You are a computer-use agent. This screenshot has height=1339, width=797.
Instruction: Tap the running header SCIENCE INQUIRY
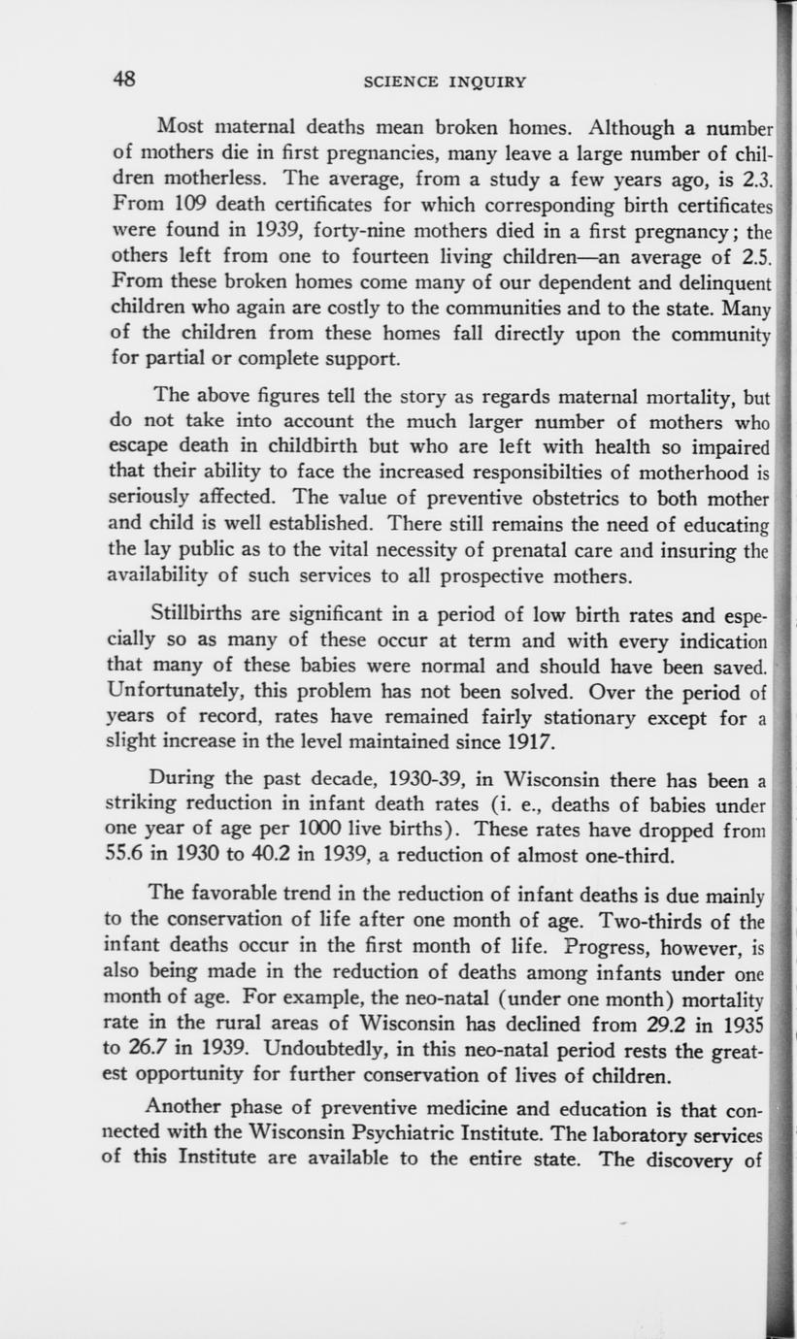[x=445, y=82]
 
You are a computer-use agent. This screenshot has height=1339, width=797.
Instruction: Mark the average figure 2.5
[x=751, y=258]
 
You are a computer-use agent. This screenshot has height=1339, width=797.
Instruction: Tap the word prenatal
[x=526, y=550]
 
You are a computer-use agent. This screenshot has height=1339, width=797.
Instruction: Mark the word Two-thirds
[x=650, y=921]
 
